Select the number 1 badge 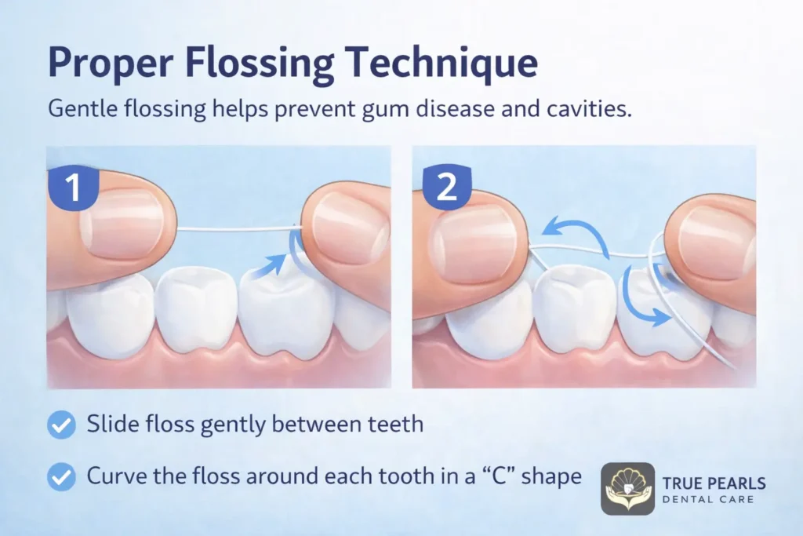tap(72, 189)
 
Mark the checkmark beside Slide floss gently tap(60, 425)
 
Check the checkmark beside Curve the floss tap(60, 476)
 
